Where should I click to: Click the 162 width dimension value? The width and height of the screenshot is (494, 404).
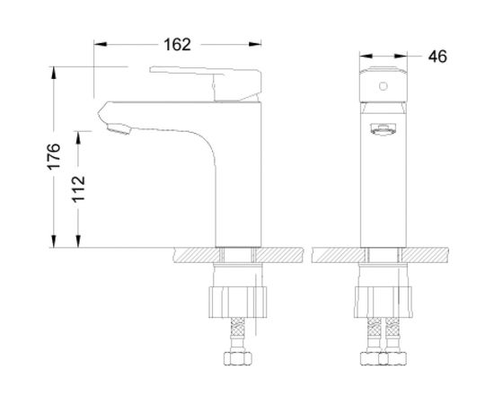click(177, 44)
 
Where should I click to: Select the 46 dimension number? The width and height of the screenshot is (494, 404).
click(437, 57)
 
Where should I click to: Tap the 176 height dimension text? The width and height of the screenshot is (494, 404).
click(54, 156)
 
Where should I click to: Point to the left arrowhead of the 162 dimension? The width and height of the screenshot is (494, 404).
click(99, 44)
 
